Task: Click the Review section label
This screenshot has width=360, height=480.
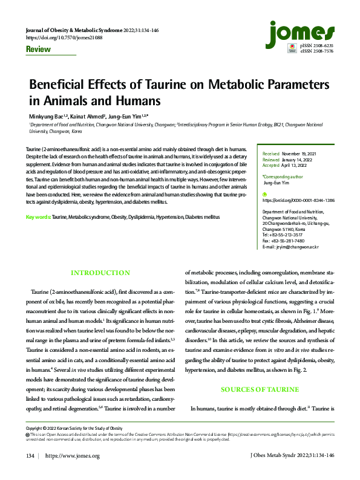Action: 38,50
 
